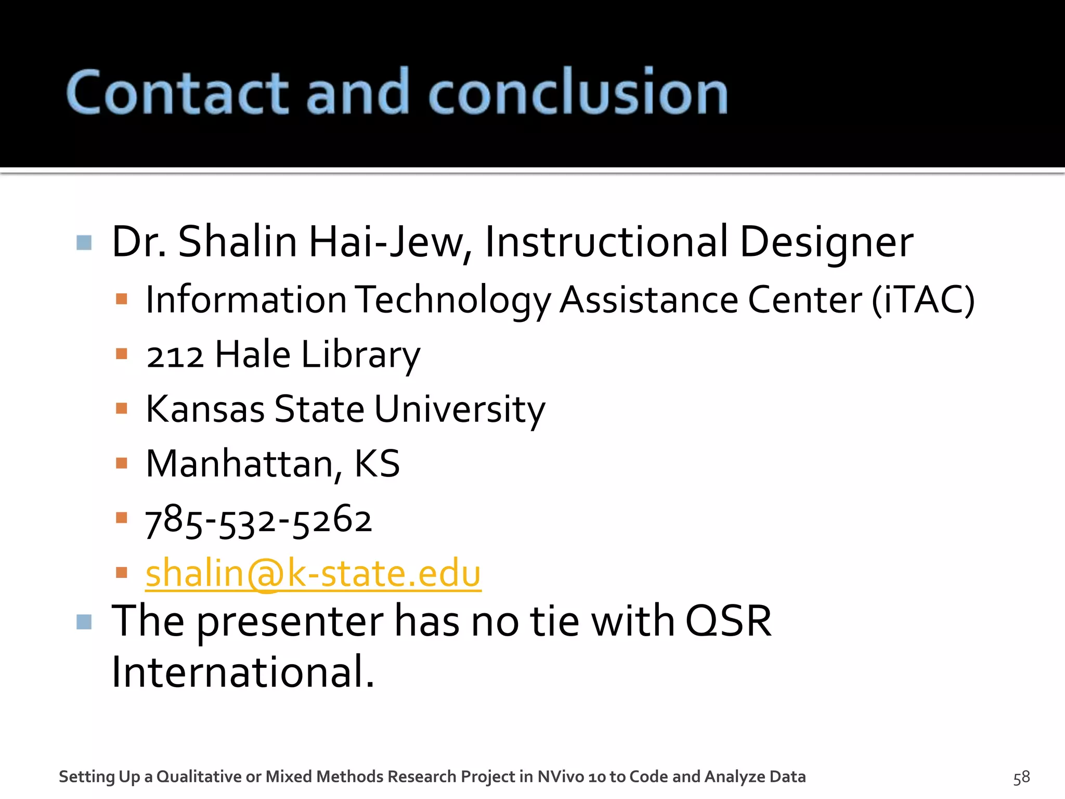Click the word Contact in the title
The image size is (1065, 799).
[177, 93]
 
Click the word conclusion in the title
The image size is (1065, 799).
[577, 93]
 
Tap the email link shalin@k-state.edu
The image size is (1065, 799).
[313, 573]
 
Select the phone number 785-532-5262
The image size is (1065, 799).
[258, 520]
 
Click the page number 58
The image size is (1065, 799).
[1021, 777]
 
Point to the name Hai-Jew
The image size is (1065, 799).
[390, 242]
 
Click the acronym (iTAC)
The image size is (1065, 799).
[923, 300]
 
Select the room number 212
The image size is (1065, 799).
[175, 356]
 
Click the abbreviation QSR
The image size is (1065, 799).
[728, 621]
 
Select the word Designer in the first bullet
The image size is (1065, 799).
[826, 242]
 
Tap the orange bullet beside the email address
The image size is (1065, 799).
[122, 573]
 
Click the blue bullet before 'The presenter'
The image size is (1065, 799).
[84, 622]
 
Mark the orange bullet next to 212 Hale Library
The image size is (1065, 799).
[122, 354]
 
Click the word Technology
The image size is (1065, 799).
[452, 300]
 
